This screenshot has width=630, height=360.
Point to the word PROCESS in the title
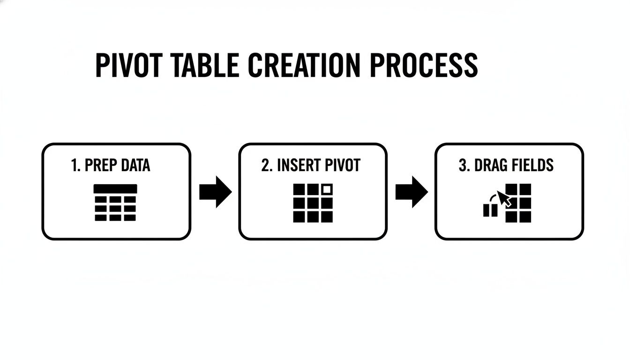423,66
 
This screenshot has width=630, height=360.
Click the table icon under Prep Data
115,202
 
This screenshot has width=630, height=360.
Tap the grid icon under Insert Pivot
313,203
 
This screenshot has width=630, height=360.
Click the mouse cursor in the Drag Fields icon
504,198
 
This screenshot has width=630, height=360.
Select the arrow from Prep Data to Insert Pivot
215,192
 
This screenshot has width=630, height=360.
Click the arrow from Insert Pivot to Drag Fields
411,192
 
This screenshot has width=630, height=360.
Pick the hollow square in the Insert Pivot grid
327,190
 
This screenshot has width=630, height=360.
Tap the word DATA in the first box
135,165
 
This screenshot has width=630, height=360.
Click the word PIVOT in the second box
343,165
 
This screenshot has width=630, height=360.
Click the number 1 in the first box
75,165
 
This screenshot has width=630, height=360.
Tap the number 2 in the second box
265,165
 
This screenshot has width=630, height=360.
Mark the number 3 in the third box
462,165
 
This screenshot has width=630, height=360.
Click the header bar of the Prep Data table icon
115,189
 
